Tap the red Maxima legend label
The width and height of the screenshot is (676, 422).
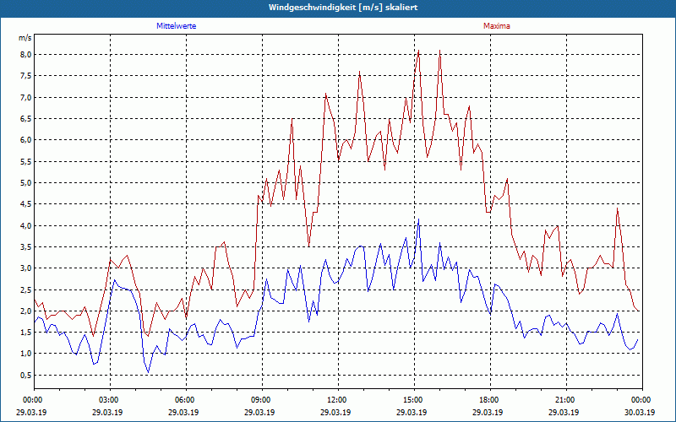coord(496,26)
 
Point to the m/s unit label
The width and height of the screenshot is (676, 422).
coord(25,38)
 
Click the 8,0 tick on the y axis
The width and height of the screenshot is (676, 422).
coord(25,55)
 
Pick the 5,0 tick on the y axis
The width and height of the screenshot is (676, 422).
coord(25,183)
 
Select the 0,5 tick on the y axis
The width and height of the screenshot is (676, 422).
coord(25,375)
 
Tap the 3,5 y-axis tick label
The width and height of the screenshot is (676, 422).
coord(25,247)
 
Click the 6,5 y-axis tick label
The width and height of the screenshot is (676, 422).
coord(25,119)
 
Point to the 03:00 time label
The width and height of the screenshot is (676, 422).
coord(109,400)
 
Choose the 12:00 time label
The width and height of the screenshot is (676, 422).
coord(337,400)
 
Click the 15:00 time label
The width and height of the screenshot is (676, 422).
coord(413,400)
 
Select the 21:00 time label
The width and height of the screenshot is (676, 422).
coord(565,400)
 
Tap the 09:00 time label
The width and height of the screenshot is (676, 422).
coord(261,400)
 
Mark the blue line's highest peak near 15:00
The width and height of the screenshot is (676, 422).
coord(418,219)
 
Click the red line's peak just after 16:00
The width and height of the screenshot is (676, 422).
coord(439,51)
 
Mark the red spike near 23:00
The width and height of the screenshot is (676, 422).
coord(618,208)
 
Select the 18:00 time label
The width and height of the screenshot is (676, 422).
coord(489,400)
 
